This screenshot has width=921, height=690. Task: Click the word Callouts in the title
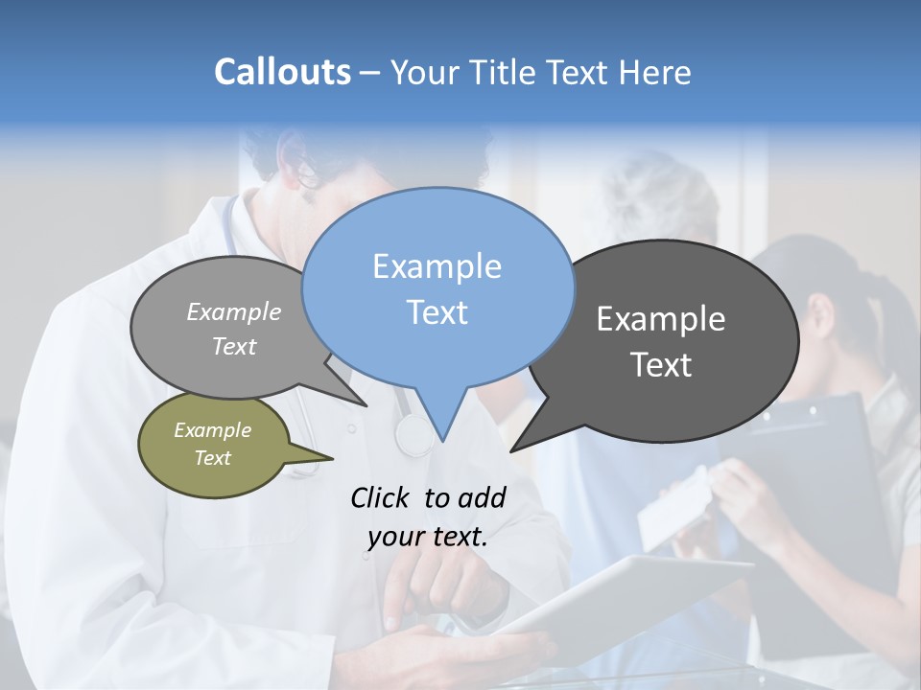pos(282,72)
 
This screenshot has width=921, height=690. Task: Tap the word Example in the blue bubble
pos(437,265)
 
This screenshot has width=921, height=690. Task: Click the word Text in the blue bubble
pos(437,311)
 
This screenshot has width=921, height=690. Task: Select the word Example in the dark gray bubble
pos(661,319)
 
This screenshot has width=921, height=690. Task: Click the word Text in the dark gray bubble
pos(661,365)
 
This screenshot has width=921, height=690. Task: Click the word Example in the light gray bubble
pos(234,311)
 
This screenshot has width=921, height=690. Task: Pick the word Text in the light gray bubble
pos(234,346)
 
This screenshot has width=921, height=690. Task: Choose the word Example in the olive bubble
pos(212,430)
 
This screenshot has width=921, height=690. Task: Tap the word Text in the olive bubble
pos(212,458)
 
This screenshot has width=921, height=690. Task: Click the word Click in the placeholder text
pos(381,497)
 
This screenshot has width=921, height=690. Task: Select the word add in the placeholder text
pos(482,497)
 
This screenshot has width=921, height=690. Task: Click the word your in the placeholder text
pos(395,536)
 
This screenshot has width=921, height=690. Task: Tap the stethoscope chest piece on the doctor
pos(414,436)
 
